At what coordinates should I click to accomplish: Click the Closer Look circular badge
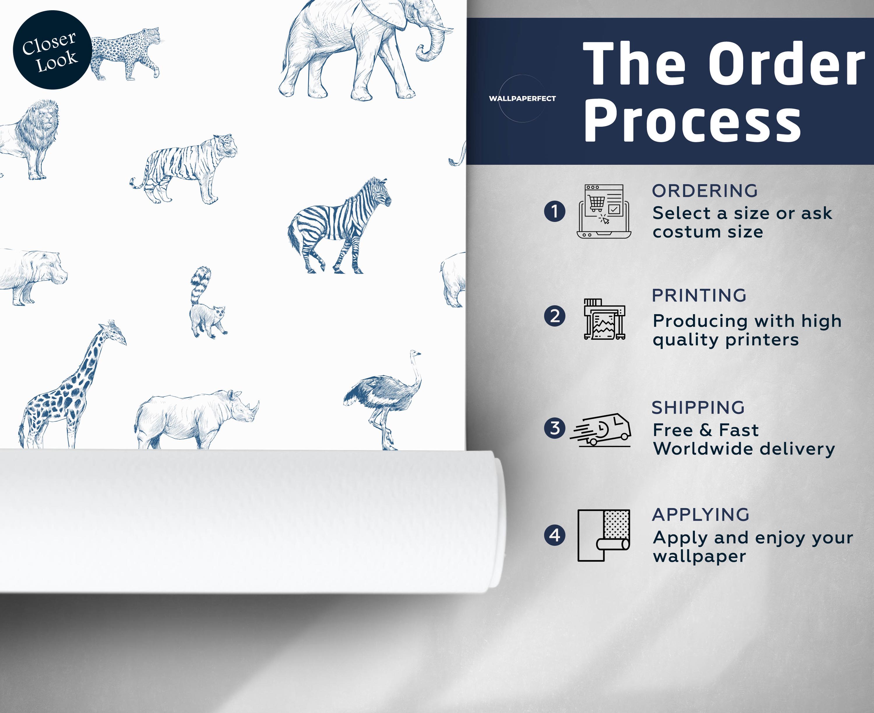pos(52,50)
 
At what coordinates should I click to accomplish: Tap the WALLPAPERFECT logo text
pos(522,98)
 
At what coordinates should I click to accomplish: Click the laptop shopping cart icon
pos(604,211)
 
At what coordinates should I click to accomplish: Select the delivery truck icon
pos(600,430)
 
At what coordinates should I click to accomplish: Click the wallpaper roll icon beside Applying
pos(604,535)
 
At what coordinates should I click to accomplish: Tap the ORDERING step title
pos(705,191)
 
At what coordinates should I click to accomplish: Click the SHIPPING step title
pos(698,408)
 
